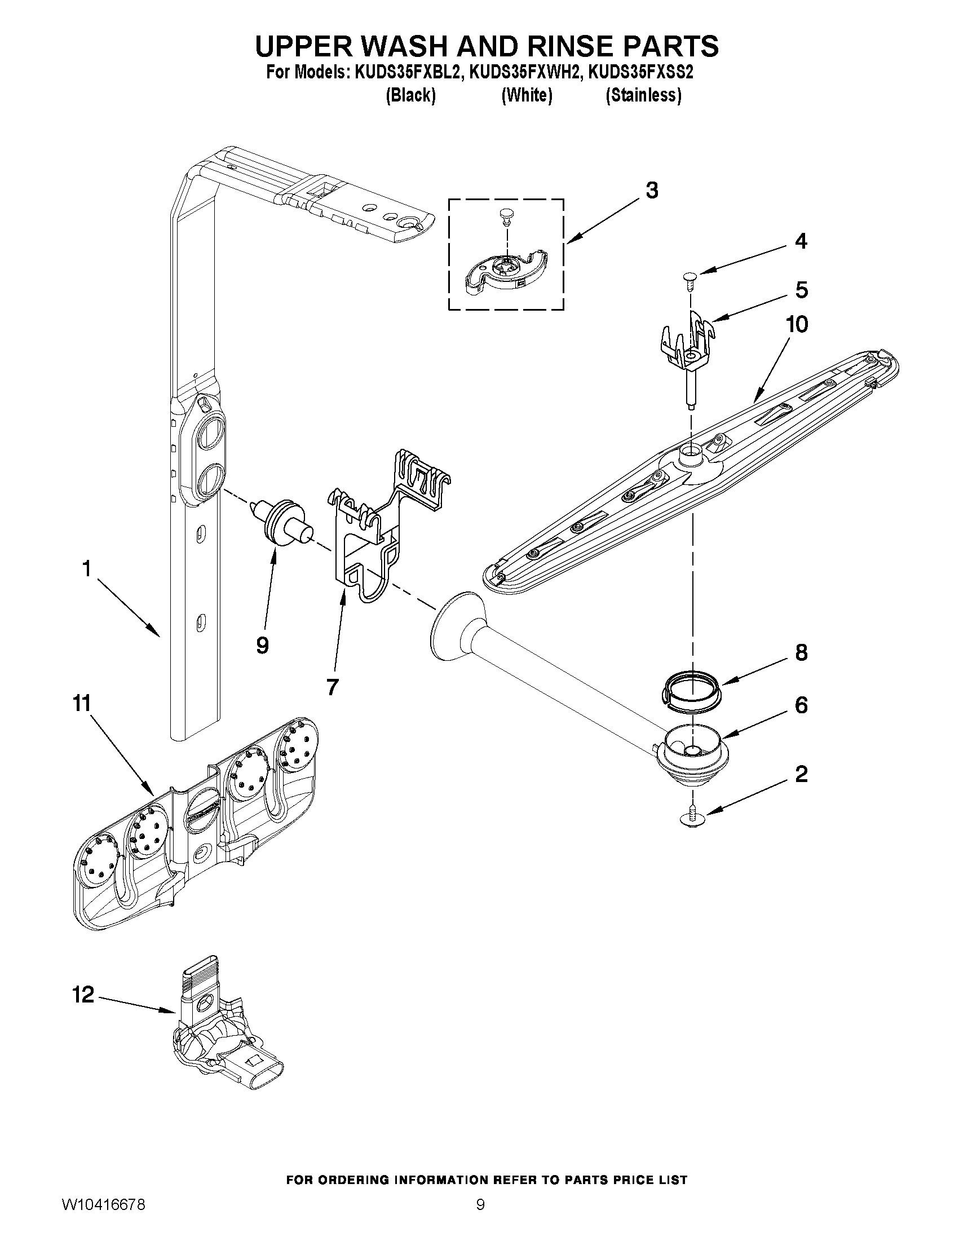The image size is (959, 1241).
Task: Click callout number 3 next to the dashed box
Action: point(652,191)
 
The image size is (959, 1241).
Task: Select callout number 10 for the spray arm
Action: point(797,324)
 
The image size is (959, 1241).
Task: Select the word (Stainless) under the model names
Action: point(643,95)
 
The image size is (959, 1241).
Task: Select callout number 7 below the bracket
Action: point(333,686)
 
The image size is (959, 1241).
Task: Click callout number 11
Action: point(82,704)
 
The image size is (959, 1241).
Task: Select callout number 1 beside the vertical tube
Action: point(86,568)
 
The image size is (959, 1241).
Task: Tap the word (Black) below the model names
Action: point(410,95)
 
